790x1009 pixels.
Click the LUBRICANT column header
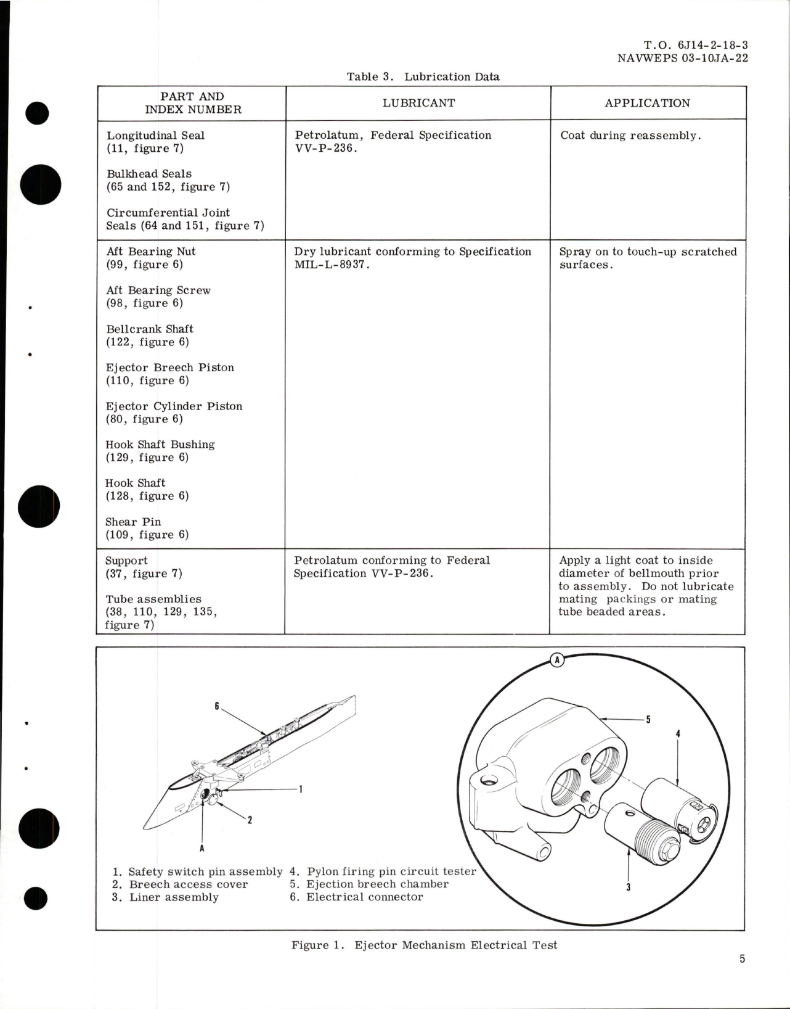(x=418, y=103)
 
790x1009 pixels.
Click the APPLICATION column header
(x=647, y=103)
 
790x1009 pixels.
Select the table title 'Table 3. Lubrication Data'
(x=423, y=77)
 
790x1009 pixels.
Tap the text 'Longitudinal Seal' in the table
(x=155, y=136)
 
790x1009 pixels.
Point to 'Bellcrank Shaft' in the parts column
(x=150, y=329)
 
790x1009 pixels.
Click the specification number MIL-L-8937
(x=332, y=265)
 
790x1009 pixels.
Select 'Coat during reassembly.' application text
(x=630, y=136)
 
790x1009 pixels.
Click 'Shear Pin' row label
(x=133, y=522)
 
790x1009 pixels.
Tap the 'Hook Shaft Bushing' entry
(x=160, y=445)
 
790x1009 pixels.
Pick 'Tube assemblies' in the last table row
(x=153, y=599)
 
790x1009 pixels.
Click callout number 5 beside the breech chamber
(x=648, y=719)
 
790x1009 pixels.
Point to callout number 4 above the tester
(x=678, y=734)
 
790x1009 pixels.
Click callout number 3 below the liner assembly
(x=628, y=888)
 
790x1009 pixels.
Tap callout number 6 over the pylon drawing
(x=217, y=706)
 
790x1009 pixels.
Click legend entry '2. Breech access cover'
(x=181, y=884)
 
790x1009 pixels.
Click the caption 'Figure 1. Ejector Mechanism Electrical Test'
(x=424, y=945)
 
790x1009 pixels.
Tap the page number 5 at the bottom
(x=743, y=959)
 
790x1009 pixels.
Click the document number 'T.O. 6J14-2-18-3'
(x=696, y=45)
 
